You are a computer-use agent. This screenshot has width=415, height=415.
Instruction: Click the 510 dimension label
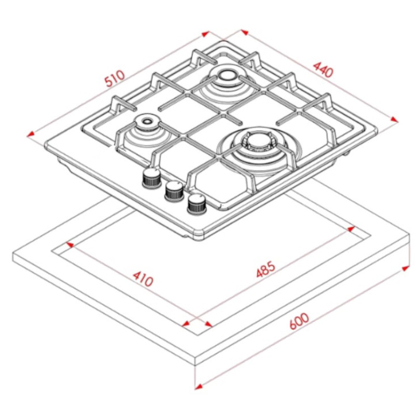(115, 78)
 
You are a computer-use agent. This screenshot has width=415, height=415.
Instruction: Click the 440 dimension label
(323, 70)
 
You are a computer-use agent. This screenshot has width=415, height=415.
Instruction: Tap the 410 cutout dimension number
(143, 279)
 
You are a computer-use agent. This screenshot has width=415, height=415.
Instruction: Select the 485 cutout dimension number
(266, 269)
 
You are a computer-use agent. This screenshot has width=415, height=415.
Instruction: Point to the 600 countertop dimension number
(299, 321)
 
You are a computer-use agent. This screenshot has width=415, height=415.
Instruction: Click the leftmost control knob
(151, 177)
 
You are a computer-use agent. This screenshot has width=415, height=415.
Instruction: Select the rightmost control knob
(197, 204)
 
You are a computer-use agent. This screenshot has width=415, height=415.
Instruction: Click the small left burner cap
(146, 121)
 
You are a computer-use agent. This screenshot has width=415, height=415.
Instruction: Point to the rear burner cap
(227, 75)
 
